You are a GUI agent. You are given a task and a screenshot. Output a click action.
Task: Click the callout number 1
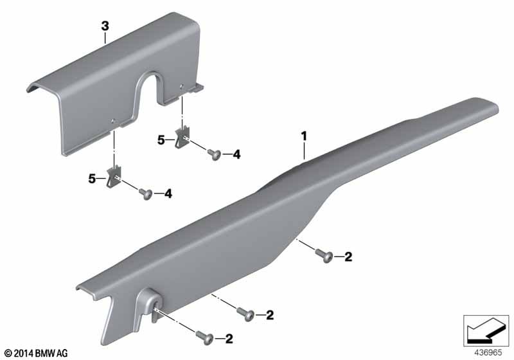[304, 136]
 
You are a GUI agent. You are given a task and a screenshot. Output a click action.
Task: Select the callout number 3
[105, 26]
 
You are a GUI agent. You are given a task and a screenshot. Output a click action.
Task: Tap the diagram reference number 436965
[488, 353]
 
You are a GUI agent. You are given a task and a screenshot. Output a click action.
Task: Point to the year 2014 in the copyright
[24, 354]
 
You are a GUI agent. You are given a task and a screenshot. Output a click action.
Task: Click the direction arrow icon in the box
[486, 330]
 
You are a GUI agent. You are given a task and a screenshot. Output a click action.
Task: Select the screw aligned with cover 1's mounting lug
[204, 337]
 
